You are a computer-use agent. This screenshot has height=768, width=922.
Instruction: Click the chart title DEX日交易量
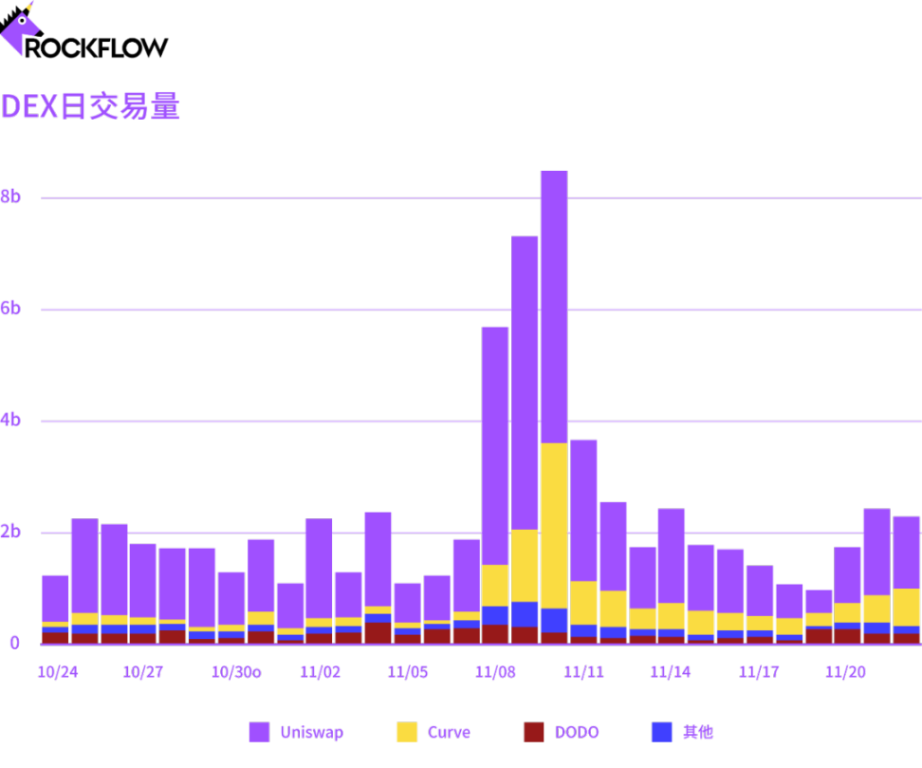point(90,106)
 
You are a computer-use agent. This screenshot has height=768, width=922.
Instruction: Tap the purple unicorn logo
point(20,28)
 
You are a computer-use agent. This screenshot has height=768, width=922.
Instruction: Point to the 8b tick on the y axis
point(10,197)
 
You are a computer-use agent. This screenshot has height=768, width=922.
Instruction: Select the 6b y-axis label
point(10,309)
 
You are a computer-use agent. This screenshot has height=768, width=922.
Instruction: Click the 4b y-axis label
point(10,421)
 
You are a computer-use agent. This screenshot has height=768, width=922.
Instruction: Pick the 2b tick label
point(10,532)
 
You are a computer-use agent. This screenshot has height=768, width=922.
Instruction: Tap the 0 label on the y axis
point(14,643)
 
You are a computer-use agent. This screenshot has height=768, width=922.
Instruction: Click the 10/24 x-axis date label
point(57,672)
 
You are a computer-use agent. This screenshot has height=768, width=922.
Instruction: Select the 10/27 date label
point(143,672)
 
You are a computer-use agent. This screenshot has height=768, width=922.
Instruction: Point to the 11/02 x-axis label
point(320,672)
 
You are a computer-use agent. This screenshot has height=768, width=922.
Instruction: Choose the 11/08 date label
point(495,672)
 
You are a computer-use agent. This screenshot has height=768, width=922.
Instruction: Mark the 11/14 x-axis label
point(670,672)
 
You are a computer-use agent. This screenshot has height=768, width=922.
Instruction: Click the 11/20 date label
point(845,672)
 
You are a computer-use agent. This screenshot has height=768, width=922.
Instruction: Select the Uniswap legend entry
point(296,732)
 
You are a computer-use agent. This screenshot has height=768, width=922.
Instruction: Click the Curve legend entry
point(433,732)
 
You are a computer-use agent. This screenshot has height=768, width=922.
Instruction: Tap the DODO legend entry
point(562,732)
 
